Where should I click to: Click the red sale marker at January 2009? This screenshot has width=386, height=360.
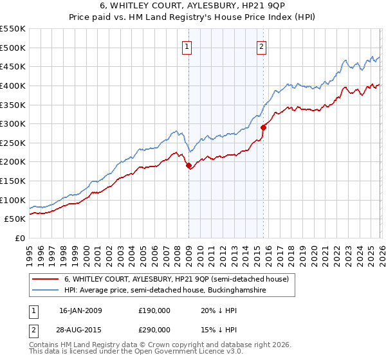[188, 166]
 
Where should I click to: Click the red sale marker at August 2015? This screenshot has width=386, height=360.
[263, 127]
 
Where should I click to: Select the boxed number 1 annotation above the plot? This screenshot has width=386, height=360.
[187, 46]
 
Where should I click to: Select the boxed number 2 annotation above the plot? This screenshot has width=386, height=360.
[262, 46]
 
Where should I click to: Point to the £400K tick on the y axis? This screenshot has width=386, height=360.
[13, 85]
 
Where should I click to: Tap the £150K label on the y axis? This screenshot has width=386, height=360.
[13, 181]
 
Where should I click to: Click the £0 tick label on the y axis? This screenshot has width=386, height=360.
[19, 238]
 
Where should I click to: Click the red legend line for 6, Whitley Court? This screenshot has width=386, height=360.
[46, 280]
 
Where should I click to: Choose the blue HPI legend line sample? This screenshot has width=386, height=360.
[46, 291]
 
